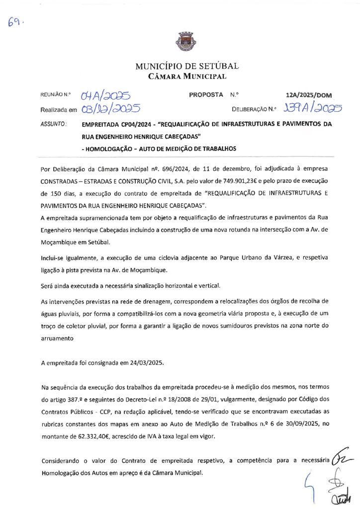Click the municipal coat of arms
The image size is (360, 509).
point(180,41)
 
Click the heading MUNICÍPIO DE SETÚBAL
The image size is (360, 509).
point(187,66)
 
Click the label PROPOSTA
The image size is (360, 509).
point(206,94)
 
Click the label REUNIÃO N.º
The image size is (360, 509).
point(57,94)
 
